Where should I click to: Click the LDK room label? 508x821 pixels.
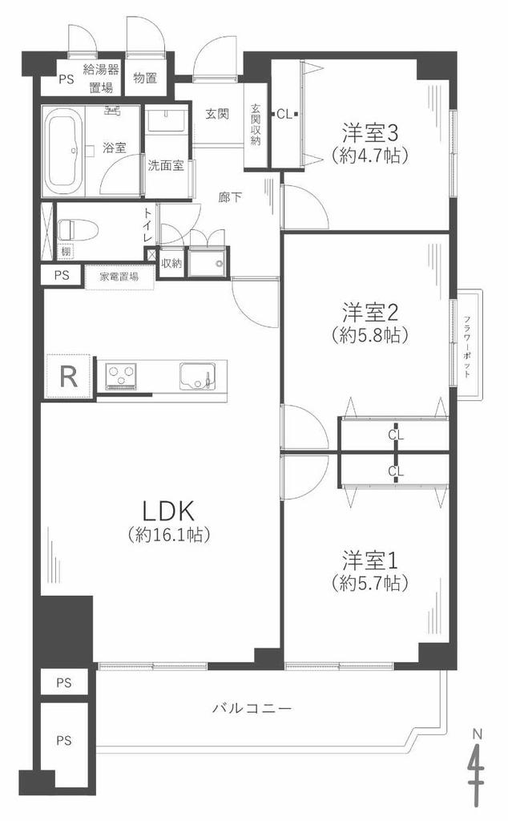169,510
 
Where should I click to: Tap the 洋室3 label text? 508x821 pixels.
370,133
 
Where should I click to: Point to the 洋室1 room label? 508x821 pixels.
370,560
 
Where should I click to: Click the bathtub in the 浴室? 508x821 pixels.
65,150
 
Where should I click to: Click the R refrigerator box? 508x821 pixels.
69,376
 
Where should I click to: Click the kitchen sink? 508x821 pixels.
198,376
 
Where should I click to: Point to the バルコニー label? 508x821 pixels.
252,709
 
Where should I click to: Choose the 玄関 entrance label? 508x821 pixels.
217,113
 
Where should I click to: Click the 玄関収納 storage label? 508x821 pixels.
256,124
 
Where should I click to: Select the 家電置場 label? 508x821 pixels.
119,277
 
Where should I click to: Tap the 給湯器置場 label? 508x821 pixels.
100,78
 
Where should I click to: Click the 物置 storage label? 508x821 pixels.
145,78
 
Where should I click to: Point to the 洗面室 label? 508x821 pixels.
165,166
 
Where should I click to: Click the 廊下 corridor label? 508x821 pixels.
230,197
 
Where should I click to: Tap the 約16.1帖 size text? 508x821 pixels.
169,534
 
